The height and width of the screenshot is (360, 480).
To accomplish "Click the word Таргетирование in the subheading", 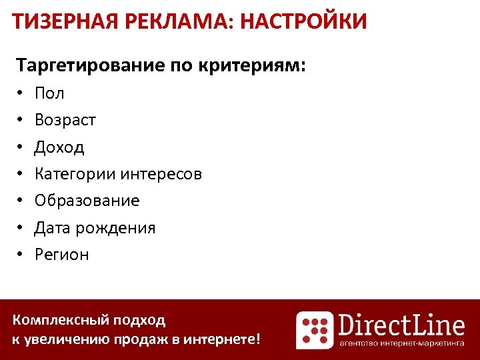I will tap(90, 66).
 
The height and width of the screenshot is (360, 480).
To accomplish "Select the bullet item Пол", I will tap(49, 93).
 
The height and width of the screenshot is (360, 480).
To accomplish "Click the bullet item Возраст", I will tap(65, 120).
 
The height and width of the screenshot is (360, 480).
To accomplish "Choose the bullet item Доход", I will tap(59, 147).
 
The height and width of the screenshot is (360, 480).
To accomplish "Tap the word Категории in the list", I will tap(75, 174).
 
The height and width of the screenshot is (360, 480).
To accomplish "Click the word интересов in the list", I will tap(161, 174).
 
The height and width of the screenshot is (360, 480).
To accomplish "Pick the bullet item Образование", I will tap(87, 201).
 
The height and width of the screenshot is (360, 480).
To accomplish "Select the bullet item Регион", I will tap(61, 255).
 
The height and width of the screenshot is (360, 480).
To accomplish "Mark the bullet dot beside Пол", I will tap(21, 94).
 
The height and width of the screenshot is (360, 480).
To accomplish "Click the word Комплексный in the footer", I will tap(59, 320).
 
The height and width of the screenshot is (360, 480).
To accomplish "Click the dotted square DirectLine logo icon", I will tap(315, 330).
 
